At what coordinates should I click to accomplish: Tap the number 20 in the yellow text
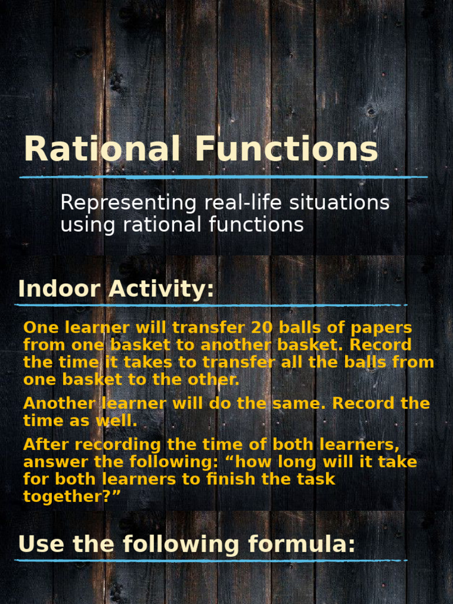click(262, 327)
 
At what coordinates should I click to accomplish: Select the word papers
click(379, 327)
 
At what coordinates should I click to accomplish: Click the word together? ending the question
click(71, 497)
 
